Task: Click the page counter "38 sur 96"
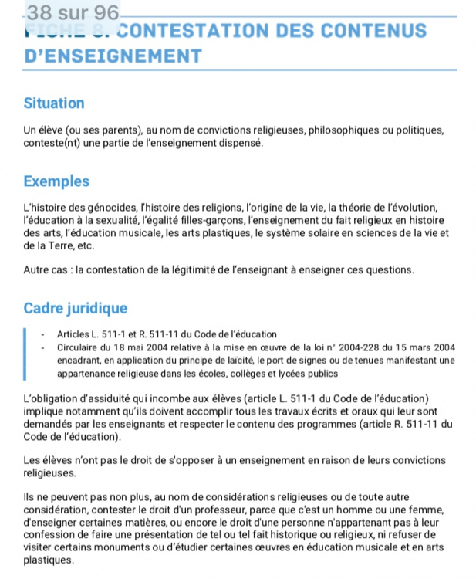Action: coord(73,12)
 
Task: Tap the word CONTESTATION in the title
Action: coord(199,32)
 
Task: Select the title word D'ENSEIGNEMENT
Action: coord(113,56)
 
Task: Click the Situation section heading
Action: coord(54,103)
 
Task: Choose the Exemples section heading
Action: coord(56,182)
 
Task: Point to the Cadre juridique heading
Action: coord(76,309)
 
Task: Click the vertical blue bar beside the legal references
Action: coord(25,354)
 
